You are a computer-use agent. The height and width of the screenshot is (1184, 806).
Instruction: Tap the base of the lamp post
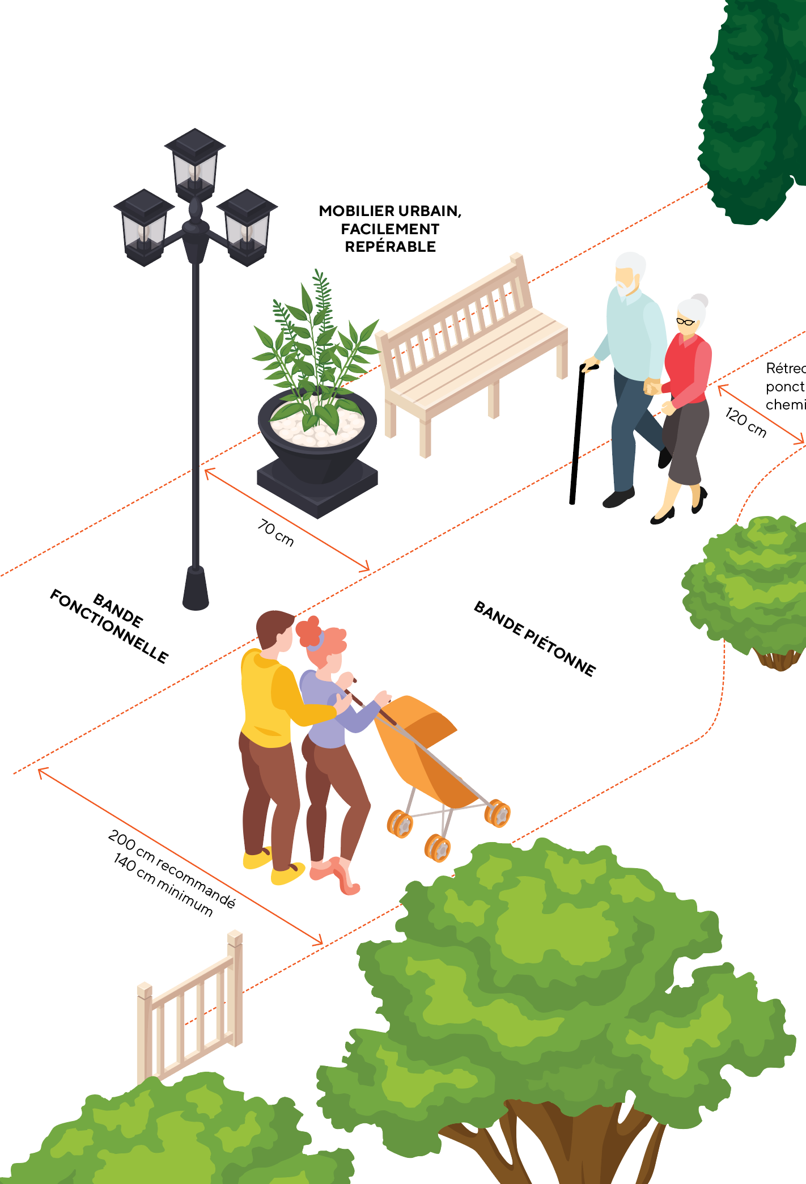point(196,590)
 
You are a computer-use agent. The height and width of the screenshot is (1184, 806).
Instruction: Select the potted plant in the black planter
point(316,397)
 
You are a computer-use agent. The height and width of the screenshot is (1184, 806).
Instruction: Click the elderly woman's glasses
point(685,322)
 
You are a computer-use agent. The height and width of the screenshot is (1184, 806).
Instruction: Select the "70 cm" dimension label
point(276,533)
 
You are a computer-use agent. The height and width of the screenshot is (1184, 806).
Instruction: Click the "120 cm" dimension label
point(746,423)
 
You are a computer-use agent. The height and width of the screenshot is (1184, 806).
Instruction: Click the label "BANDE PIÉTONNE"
point(534,638)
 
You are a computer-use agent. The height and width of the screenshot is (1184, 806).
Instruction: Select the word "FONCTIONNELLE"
point(109,627)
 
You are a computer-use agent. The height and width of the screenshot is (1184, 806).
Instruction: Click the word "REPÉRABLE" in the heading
point(390,247)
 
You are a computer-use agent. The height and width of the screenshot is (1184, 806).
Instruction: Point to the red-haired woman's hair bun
point(308,631)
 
